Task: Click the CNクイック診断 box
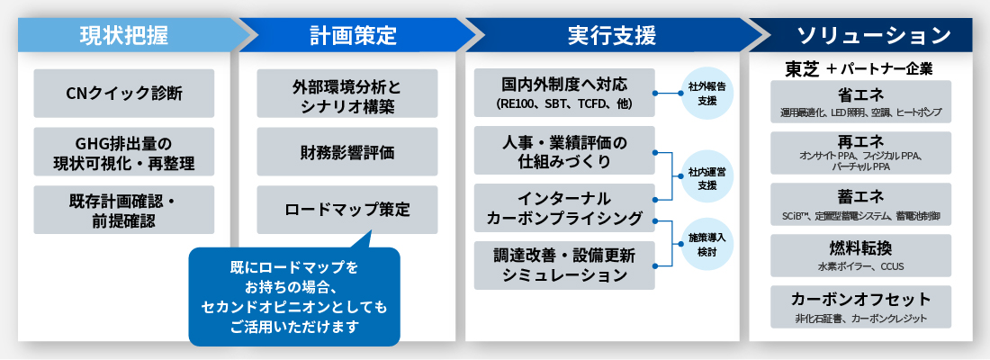pyautogui.click(x=124, y=94)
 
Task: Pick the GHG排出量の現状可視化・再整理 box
pyautogui.click(x=124, y=151)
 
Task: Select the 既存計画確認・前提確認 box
pyautogui.click(x=124, y=209)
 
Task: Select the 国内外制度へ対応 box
pyautogui.click(x=564, y=94)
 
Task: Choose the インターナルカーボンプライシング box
pyautogui.click(x=564, y=209)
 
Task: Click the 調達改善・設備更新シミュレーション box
pyautogui.click(x=564, y=265)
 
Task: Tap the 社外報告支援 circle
pyautogui.click(x=706, y=94)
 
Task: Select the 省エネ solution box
pyautogui.click(x=860, y=102)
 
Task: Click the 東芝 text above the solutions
pyautogui.click(x=802, y=68)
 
